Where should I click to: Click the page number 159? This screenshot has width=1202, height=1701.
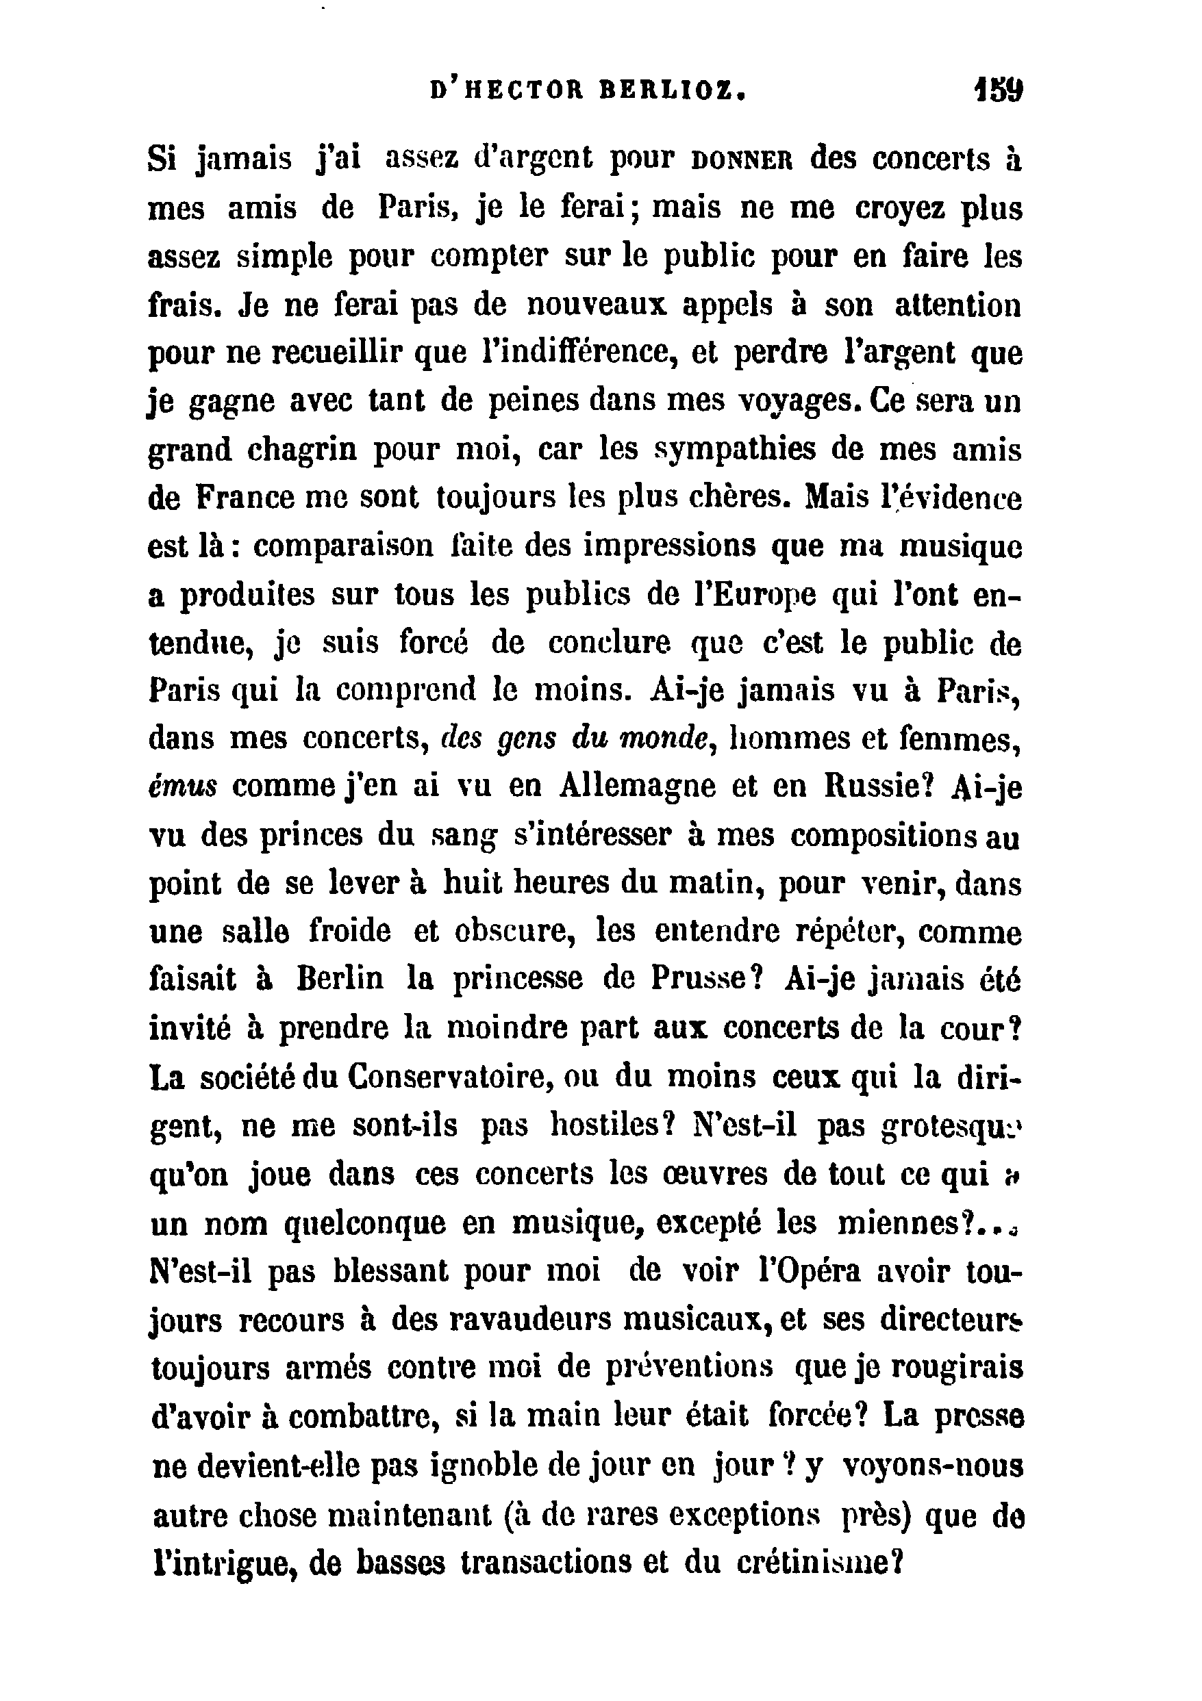(x=998, y=92)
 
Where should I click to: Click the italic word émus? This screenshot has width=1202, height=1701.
(x=182, y=788)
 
